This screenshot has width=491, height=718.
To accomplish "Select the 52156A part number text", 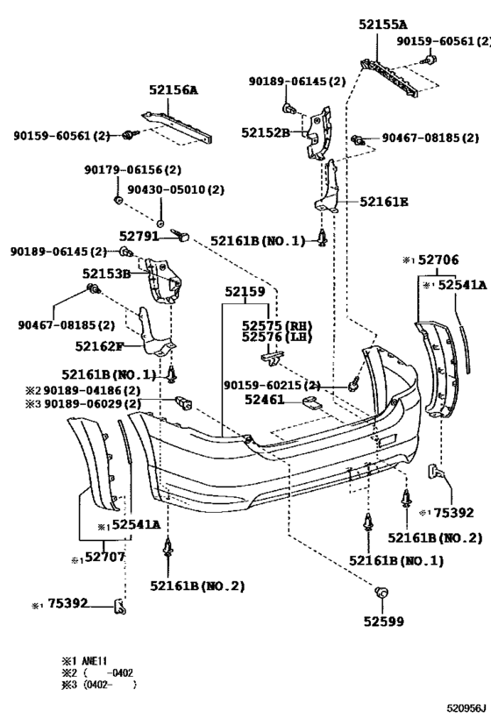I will pyautogui.click(x=173, y=89).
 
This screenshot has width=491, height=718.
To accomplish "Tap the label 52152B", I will pyautogui.click(x=265, y=132).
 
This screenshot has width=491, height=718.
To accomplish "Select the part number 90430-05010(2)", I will pyautogui.click(x=175, y=189).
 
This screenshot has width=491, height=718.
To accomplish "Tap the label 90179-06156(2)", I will pyautogui.click(x=132, y=169).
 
